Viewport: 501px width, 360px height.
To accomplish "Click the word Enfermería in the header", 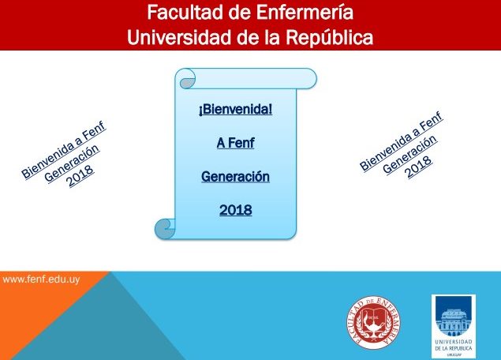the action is tap(305, 13).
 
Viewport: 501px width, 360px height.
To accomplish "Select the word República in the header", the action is tap(330, 38).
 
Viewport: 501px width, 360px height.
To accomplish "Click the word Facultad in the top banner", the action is tap(185, 13).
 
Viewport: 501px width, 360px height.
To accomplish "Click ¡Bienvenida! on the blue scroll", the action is tap(235, 110).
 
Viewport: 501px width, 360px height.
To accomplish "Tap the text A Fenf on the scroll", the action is tap(235, 143).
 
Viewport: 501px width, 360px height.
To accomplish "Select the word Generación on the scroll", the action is tap(235, 177).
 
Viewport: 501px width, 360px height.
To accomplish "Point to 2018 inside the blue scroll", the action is tap(235, 210).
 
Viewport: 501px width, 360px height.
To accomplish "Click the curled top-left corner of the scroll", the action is tap(186, 79).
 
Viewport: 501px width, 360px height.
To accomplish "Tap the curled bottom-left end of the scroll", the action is tap(165, 229).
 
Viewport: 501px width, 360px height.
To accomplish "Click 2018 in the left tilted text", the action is tap(80, 175).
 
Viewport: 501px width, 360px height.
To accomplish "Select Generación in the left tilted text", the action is tap(72, 163).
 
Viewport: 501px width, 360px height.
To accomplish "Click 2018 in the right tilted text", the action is tap(419, 167).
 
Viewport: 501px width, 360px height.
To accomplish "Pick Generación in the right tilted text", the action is tap(410, 154).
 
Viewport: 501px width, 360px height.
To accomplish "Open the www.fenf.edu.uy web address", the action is tap(41, 279).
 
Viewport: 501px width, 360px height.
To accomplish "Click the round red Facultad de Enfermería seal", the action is tap(374, 322).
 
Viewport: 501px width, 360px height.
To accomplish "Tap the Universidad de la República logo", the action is tap(454, 326).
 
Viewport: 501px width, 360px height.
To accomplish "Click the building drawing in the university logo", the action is tap(454, 321).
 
